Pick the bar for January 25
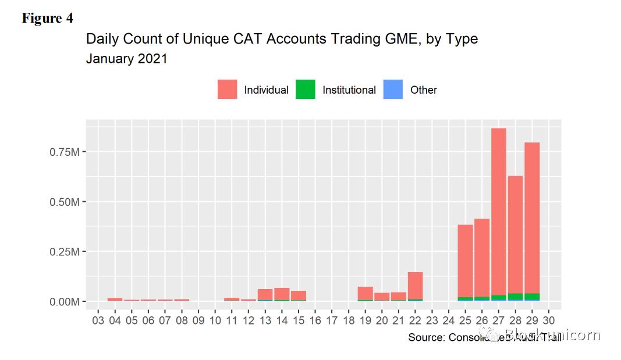coord(465,262)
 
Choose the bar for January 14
coord(282,294)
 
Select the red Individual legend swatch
coord(227,90)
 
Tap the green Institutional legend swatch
coord(306,90)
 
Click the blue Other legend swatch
coord(393,90)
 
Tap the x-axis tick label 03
coord(98,320)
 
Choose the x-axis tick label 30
coord(549,320)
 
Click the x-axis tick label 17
coord(332,320)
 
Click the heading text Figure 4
coord(48,19)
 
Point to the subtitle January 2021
coord(126,59)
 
